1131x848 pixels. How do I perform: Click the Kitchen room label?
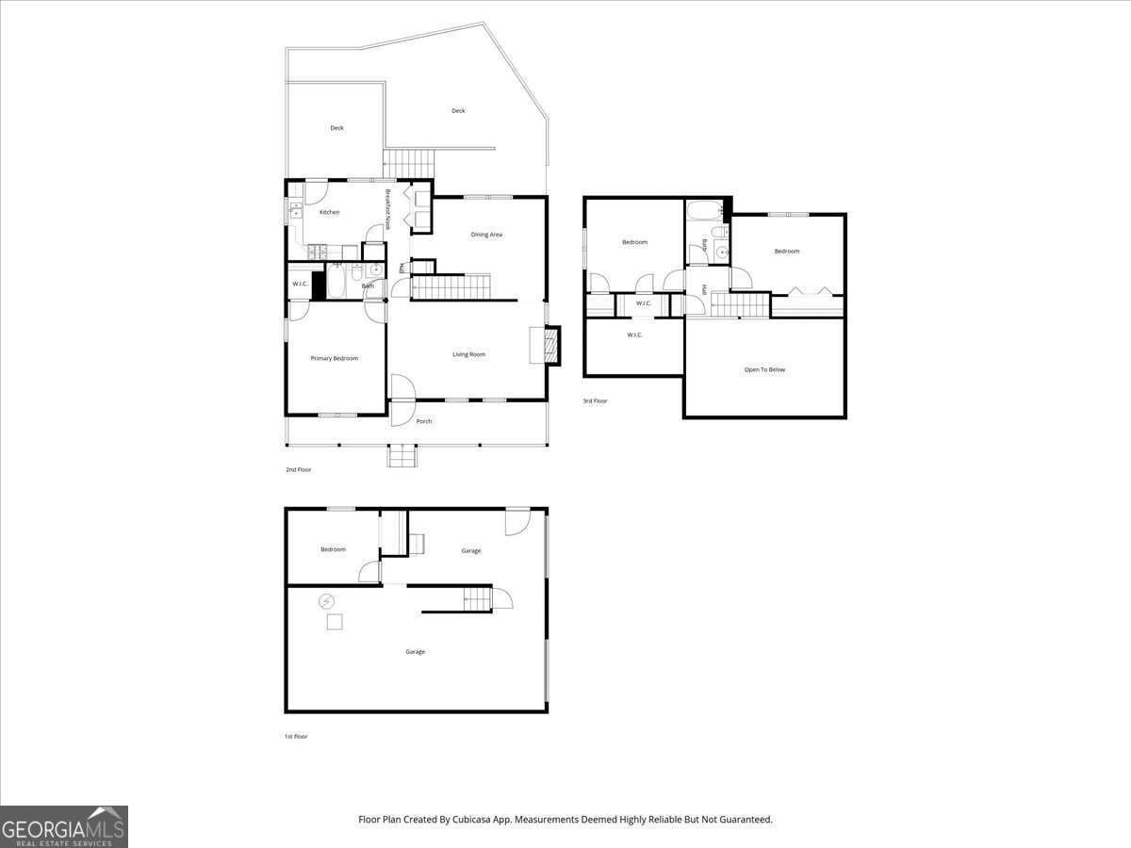tap(329, 212)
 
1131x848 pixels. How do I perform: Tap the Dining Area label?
tap(486, 235)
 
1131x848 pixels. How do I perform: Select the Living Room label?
tap(468, 354)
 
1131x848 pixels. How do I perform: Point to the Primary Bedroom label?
tap(335, 358)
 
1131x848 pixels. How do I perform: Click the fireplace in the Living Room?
tap(545, 346)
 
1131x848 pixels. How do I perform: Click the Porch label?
tap(424, 421)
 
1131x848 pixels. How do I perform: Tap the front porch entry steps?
tap(402, 457)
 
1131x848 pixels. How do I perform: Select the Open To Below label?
tap(764, 369)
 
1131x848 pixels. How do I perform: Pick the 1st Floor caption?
tap(296, 736)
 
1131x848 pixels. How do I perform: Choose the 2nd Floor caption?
tap(298, 469)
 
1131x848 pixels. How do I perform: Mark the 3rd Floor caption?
tap(595, 401)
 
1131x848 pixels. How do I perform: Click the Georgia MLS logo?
tap(64, 826)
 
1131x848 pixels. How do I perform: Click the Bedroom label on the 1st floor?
tap(333, 549)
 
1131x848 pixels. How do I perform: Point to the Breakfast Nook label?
tap(387, 210)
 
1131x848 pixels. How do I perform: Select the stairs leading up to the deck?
tap(408, 164)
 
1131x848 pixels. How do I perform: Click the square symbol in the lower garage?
tap(335, 622)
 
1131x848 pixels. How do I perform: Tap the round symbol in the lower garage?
tap(327, 600)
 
